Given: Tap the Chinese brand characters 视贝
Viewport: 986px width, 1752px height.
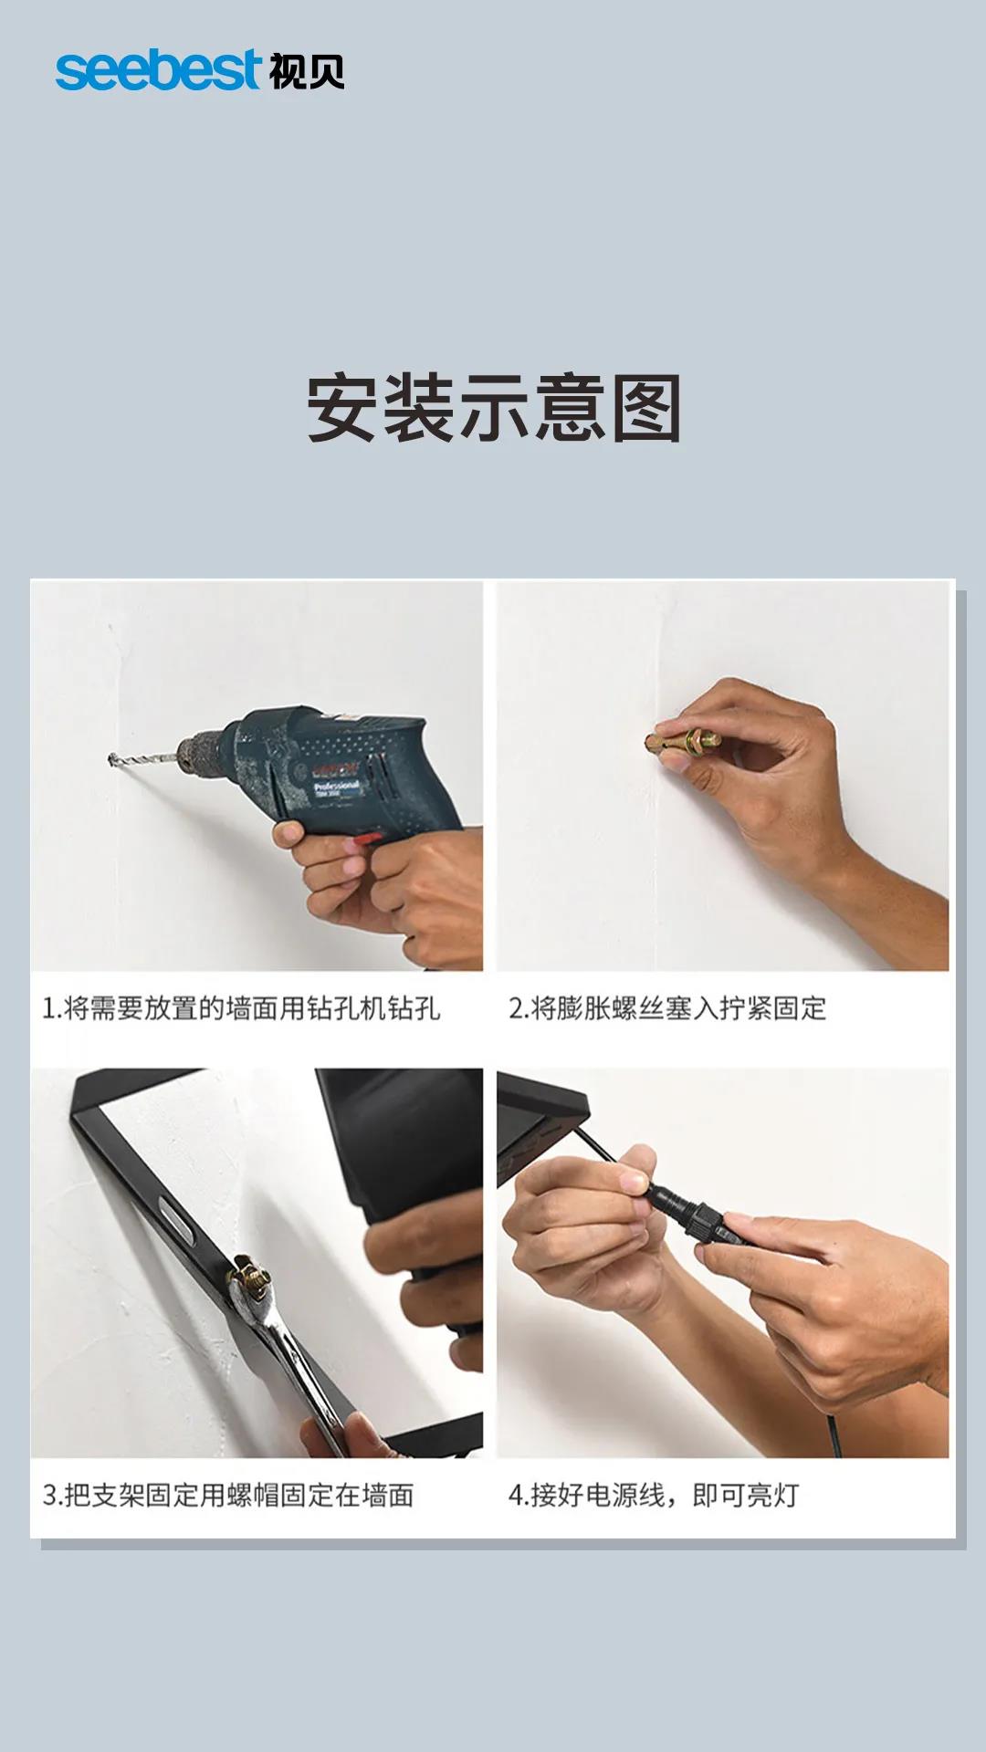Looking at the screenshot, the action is coord(307,71).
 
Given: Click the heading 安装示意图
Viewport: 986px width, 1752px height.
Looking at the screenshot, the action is coord(494,408).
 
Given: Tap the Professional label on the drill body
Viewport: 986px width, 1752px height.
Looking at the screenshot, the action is coord(337,787).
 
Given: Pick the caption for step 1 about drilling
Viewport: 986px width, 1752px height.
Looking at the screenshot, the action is coord(241,1008).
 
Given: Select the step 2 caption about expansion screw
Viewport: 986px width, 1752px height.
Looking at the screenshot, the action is coord(667,1008).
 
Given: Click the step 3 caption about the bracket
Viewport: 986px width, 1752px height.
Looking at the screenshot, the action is coord(228,1496).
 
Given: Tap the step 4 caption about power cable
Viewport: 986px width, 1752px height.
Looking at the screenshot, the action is coord(654,1496).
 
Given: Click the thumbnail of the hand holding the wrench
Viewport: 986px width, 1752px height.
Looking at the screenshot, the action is coord(257,1263).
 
